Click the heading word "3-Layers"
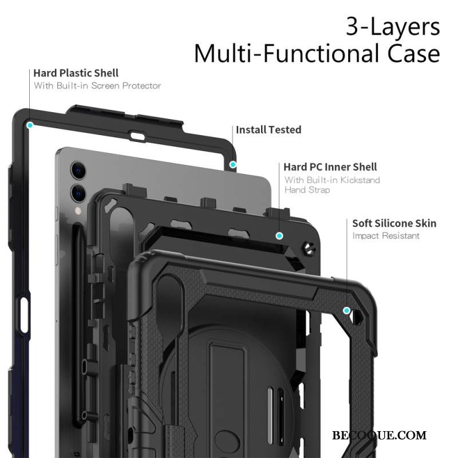click(393, 27)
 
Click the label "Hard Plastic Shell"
click(76, 73)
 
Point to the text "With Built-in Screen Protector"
click(97, 85)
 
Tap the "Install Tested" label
click(269, 130)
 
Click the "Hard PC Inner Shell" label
click(330, 167)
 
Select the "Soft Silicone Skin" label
click(394, 223)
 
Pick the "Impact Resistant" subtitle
click(386, 236)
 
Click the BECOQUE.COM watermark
click(379, 435)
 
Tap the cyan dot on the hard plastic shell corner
click(30, 125)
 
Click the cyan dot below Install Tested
click(233, 164)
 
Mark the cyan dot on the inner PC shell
click(279, 236)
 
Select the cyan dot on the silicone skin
click(347, 310)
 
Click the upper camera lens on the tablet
click(78, 170)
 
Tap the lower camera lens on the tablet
click(78, 193)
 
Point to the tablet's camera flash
click(78, 211)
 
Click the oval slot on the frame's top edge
click(137, 136)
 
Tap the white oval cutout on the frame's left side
click(24, 315)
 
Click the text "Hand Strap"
click(307, 190)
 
